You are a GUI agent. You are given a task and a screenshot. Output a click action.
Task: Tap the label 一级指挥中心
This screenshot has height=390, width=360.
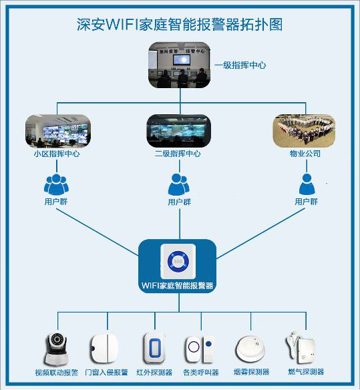[240, 65]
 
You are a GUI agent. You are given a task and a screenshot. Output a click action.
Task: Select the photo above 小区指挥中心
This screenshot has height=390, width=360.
[56, 130]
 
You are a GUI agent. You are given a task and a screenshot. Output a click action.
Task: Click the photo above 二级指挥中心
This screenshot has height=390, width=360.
[179, 130]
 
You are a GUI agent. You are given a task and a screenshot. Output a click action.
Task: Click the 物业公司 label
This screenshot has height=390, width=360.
[305, 154]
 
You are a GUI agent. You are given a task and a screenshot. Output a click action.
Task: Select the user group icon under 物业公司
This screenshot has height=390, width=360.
[306, 182]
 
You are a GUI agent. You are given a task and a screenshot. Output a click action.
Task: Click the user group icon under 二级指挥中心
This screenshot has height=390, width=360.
[178, 182]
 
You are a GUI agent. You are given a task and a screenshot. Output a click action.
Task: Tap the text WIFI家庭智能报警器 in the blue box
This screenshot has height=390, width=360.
[177, 285]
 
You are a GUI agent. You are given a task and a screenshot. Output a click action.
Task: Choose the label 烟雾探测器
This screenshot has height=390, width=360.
[252, 372]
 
